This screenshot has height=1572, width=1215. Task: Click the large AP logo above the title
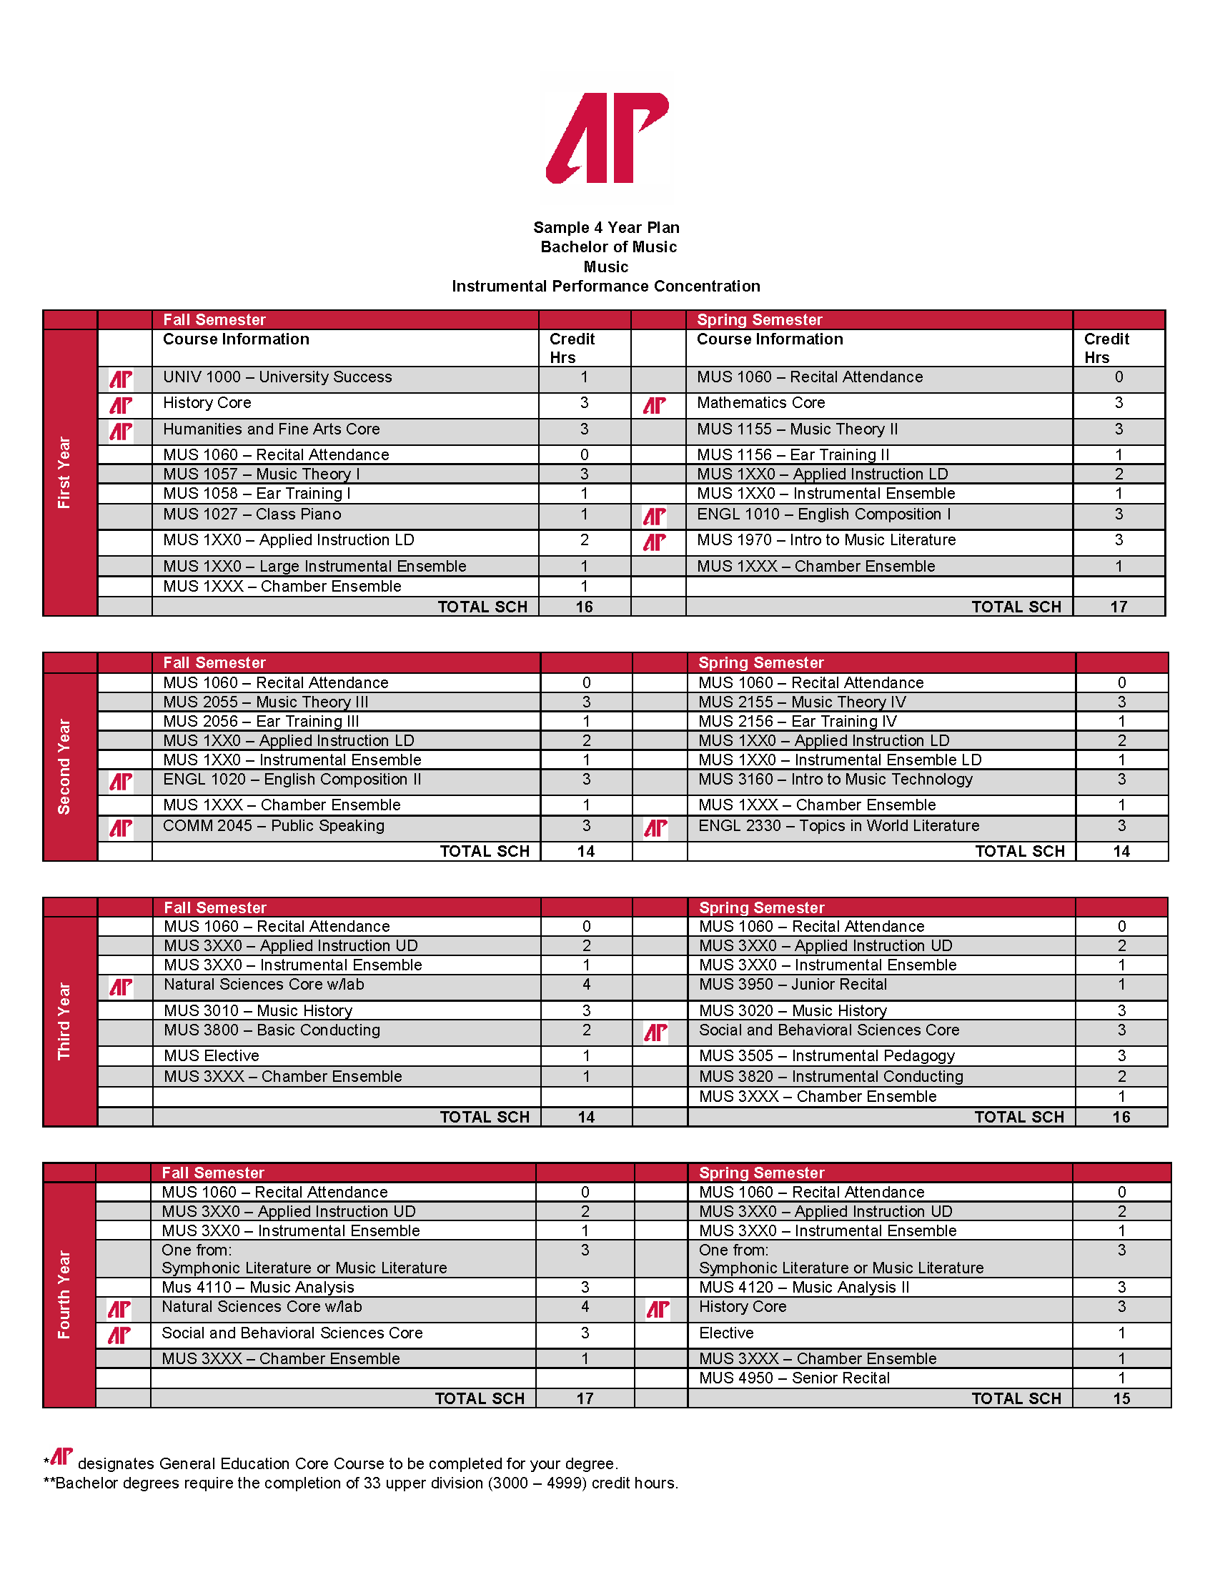click(x=607, y=137)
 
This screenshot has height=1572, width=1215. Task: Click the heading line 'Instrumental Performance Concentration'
click(x=605, y=287)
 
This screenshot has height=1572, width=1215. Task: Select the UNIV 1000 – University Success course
click(x=277, y=377)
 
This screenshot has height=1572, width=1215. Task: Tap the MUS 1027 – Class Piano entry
click(x=252, y=514)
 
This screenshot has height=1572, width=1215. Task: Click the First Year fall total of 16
click(x=584, y=607)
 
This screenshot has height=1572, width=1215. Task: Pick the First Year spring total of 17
click(x=1118, y=607)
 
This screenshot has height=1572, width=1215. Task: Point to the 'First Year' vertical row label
click(x=64, y=472)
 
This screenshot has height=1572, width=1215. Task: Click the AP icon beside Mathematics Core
click(x=654, y=405)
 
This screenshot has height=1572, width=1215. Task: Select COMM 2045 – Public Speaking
click(x=274, y=826)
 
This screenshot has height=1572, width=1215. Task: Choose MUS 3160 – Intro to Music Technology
click(x=835, y=780)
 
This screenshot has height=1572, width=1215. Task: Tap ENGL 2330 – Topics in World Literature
click(x=838, y=826)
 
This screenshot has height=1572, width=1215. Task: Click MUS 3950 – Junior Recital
click(x=793, y=985)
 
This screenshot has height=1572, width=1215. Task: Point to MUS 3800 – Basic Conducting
click(x=272, y=1030)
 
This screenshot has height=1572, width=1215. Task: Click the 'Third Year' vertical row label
click(x=64, y=1020)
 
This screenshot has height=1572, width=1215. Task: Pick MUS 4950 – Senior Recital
click(x=794, y=1378)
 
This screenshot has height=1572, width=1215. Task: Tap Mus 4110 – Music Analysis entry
click(x=258, y=1288)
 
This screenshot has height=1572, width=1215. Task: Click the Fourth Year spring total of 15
click(x=1121, y=1398)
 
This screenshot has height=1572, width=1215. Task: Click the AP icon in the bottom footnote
click(x=61, y=1457)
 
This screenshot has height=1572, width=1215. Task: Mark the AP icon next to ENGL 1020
click(x=121, y=782)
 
